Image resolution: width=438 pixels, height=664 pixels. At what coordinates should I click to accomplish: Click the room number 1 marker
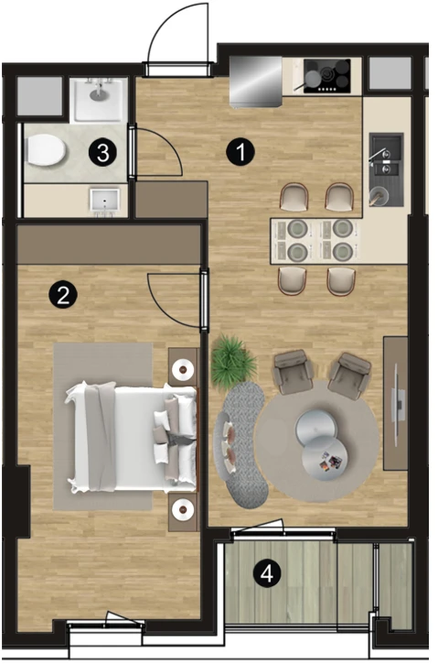point(240,152)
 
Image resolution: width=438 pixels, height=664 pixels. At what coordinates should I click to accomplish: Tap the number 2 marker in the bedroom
point(63,294)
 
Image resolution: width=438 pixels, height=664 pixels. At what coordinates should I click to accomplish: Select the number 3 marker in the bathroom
point(103,153)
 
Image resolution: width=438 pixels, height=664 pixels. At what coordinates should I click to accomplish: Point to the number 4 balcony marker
point(267,574)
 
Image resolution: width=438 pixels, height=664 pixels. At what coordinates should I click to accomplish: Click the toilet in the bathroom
point(45,150)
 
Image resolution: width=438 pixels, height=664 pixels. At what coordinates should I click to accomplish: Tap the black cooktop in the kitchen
point(326,76)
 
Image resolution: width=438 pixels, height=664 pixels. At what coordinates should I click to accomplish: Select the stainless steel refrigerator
point(256,82)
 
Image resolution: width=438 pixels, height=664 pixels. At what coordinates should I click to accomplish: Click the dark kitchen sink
point(387,169)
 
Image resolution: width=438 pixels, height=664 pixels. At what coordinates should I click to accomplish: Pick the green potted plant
point(232,362)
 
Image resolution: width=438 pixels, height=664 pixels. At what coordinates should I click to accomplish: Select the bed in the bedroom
point(132,437)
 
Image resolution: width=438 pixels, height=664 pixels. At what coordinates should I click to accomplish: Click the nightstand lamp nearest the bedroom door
point(183,369)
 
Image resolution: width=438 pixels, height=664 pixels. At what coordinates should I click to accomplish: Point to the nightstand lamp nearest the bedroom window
point(183,509)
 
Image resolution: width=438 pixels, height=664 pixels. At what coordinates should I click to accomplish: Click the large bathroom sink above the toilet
point(99,101)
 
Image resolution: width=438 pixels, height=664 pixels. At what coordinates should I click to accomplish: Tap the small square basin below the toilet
point(105,201)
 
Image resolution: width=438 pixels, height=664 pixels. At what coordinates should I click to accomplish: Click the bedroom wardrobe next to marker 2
point(108,245)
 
